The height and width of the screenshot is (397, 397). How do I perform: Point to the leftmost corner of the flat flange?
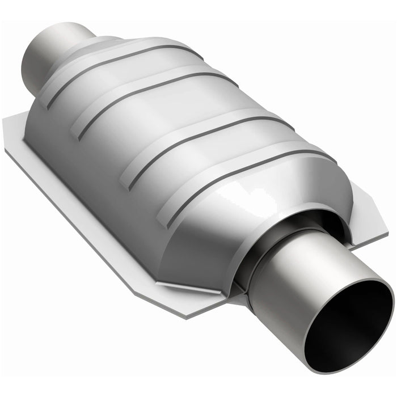click(x=7, y=136)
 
